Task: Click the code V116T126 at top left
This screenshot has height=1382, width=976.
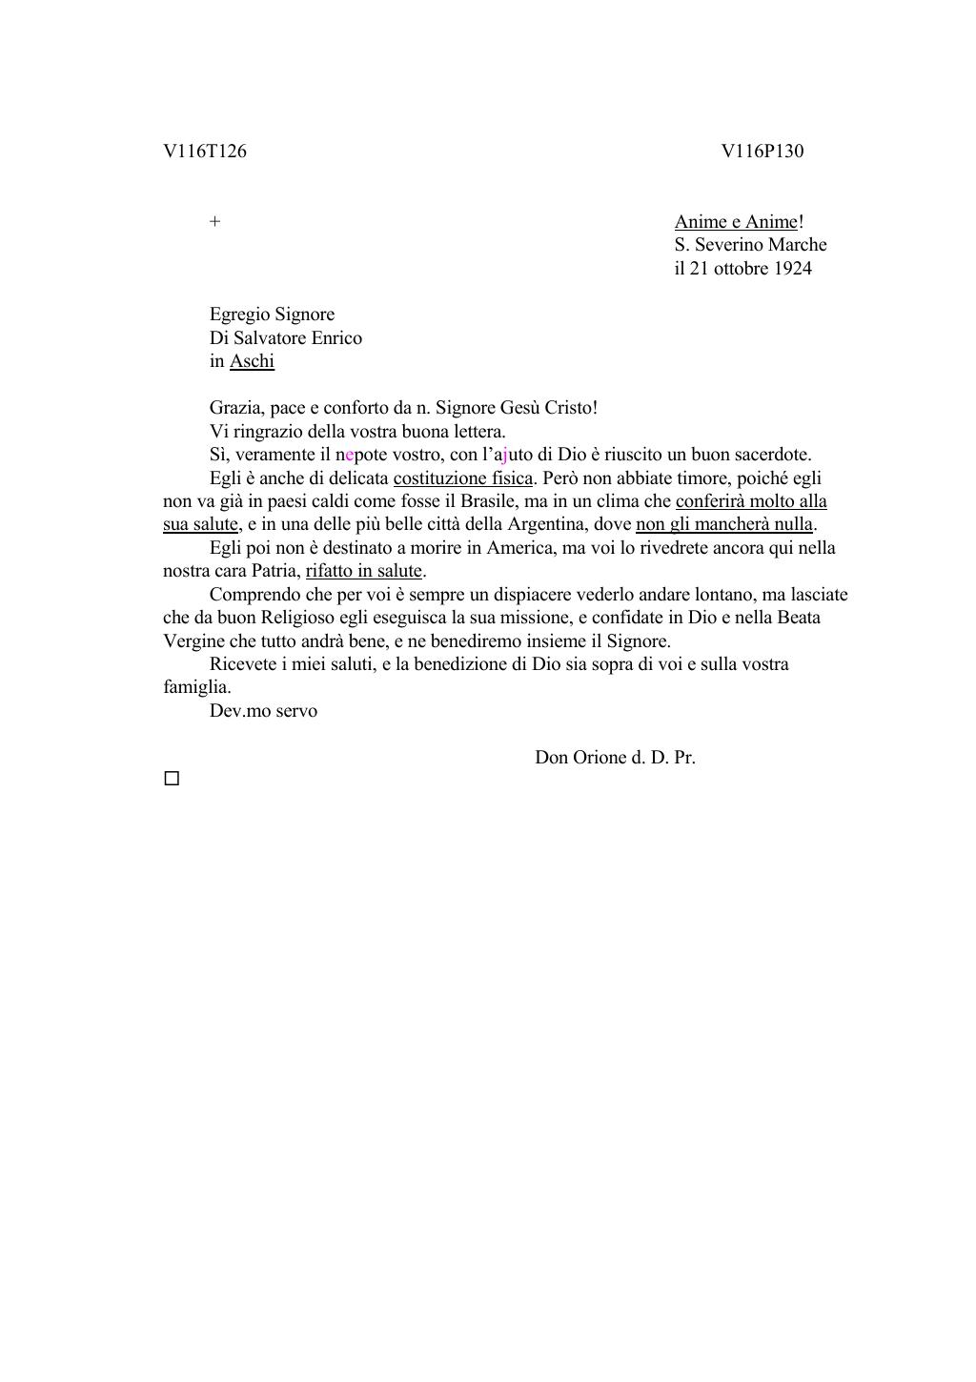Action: [205, 152]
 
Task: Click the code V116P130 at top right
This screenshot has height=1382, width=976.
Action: [762, 152]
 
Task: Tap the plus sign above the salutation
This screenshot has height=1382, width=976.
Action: [215, 222]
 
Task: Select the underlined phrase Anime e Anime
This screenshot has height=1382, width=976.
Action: [736, 222]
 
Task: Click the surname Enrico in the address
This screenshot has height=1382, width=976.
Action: [335, 338]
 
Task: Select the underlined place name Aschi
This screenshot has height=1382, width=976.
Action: [252, 361]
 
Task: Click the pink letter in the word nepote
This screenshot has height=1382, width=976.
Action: [350, 455]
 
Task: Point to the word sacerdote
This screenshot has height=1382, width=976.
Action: [772, 455]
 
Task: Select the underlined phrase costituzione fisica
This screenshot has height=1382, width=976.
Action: [462, 478]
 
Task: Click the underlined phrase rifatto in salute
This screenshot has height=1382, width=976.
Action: [363, 571]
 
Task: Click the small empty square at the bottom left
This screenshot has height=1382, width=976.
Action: [172, 779]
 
